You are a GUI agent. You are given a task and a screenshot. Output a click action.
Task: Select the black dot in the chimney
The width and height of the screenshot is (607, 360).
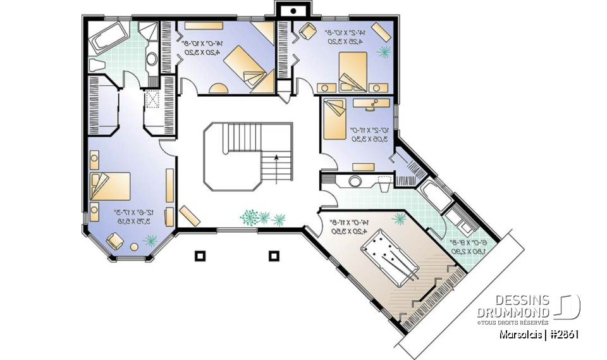coord(293,11)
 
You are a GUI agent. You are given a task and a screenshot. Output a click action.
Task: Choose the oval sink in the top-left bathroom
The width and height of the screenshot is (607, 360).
coord(152,59)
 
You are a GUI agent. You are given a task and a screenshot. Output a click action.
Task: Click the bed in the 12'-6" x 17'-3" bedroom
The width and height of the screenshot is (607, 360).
coord(111,187)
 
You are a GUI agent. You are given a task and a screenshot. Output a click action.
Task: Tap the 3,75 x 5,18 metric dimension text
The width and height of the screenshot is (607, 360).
coord(132,221)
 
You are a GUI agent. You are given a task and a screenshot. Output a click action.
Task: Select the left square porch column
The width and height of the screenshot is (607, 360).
coord(200,256)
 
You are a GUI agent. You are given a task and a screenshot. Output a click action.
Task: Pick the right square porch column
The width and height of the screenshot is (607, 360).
coord(274,256)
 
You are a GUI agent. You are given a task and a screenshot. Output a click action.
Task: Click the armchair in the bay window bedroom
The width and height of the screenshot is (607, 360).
coord(116,242)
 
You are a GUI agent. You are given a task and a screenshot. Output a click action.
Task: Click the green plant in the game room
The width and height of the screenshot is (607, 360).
coord(400,219)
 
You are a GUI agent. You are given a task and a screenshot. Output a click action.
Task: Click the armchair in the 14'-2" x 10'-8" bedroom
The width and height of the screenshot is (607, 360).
coord(308,30)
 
